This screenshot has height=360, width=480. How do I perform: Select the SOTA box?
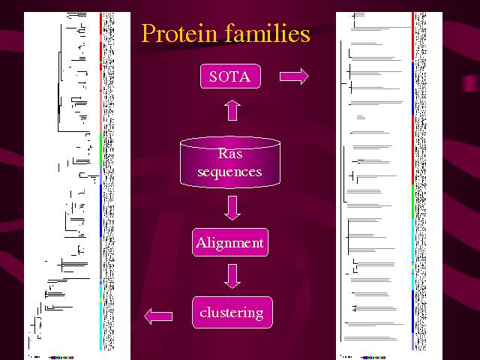point(230,76)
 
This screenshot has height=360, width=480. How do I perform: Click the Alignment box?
point(229,243)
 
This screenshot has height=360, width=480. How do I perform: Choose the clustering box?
point(231,313)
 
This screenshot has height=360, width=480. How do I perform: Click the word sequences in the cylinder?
point(229,172)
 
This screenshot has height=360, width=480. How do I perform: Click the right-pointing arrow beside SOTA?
point(293,76)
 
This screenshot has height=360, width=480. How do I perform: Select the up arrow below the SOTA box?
point(232,110)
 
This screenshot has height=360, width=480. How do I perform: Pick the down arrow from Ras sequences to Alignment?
point(232,207)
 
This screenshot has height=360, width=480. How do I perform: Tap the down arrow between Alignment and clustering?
point(232,276)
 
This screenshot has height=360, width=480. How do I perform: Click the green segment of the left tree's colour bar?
point(101,150)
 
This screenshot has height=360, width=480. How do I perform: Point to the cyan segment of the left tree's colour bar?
point(100,315)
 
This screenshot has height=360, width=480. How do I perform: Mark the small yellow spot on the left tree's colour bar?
point(100,301)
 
